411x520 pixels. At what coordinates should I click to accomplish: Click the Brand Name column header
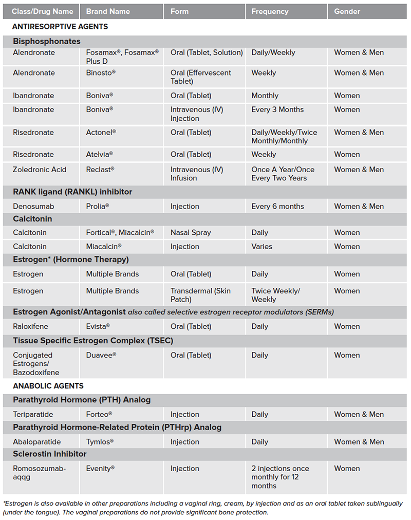coord(107,11)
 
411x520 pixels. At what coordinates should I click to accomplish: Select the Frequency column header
coord(270,11)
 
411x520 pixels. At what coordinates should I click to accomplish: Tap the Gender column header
coord(347,11)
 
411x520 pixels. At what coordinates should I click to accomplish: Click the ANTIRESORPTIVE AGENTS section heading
coord(60,26)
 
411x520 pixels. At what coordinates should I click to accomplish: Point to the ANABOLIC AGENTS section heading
coord(48,386)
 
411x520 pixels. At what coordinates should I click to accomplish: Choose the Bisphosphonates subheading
coord(47,41)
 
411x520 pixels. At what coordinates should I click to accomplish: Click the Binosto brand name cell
coord(101,73)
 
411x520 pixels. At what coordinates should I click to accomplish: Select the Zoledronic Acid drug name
coord(40,170)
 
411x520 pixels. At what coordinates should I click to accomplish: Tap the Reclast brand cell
coord(100,170)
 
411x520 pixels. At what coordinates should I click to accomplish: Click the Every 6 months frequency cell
coord(277,207)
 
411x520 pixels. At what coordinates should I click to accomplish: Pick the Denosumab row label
coord(33,207)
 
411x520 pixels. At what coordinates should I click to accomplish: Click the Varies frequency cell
coord(262,247)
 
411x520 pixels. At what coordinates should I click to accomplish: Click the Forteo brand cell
coord(99,415)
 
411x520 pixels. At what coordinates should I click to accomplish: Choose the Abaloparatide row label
coord(37,442)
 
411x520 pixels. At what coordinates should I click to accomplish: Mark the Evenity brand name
coord(100,469)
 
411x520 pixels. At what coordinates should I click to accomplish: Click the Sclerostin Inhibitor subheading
coord(50,454)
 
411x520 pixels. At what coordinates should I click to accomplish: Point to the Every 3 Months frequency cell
coord(277,109)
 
